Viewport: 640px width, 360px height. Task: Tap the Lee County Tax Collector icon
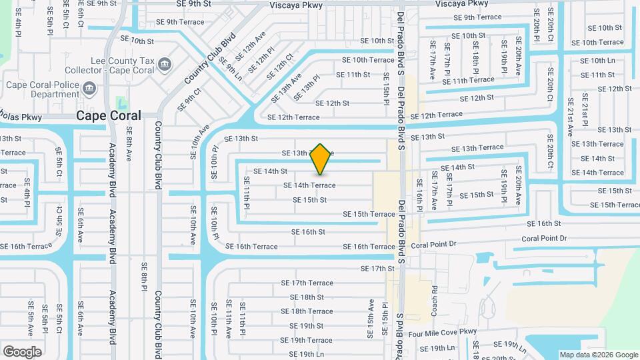point(165,63)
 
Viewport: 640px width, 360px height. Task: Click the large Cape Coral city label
point(109,115)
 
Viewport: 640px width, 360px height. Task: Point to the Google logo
point(22,351)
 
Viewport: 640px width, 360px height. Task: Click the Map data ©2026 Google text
point(598,355)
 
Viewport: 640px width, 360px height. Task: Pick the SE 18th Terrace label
point(307,311)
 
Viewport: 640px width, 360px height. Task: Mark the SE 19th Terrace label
point(306,341)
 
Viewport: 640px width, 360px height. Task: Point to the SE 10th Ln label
point(597,61)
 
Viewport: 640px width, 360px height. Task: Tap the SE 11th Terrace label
point(473,80)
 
